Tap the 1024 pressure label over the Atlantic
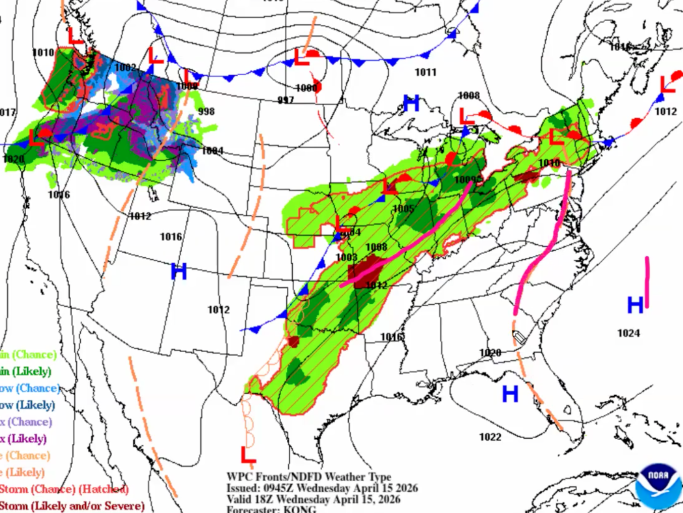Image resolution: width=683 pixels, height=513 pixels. (x=628, y=333)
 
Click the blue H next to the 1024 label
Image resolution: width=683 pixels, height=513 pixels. (x=635, y=305)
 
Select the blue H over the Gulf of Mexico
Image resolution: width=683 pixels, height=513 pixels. (x=510, y=394)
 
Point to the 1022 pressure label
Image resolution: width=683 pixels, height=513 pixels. (x=490, y=437)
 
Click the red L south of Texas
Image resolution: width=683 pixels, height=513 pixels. (x=248, y=455)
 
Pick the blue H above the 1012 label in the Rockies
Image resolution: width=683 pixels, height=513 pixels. (x=179, y=271)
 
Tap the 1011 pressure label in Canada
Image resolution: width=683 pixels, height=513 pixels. (x=426, y=73)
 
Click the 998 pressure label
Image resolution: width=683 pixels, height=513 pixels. (x=206, y=111)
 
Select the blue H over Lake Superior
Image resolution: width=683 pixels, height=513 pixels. (x=411, y=104)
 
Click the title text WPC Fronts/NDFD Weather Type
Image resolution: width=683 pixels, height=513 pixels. (x=308, y=477)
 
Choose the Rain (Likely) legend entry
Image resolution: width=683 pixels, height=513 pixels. (x=26, y=371)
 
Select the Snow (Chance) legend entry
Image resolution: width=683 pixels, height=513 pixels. (x=30, y=388)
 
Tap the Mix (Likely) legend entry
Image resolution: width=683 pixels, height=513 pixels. (x=23, y=439)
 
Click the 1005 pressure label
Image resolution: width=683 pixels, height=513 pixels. (x=403, y=209)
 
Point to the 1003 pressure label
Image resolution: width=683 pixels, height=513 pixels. (x=346, y=257)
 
